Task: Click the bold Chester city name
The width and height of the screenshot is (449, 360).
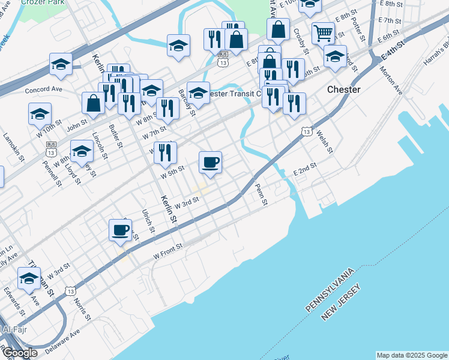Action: pos(344,89)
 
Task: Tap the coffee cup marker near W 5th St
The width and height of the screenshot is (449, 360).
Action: pos(210,163)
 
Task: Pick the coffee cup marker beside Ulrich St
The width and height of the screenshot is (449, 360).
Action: pos(120,230)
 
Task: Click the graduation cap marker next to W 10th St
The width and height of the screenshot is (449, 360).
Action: pos(40,114)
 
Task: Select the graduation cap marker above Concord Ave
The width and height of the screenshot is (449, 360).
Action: pos(61,64)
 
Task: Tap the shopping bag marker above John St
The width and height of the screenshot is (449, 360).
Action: pos(94,103)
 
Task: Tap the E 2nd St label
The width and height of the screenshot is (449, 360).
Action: pos(304,172)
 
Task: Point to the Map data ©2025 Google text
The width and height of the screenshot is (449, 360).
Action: pos(411,355)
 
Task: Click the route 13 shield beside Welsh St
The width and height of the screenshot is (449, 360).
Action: pos(307,131)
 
